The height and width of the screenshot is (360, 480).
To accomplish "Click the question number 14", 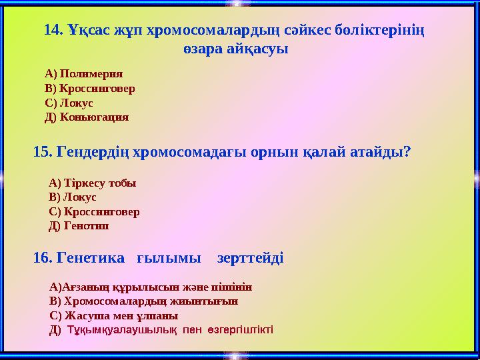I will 53,30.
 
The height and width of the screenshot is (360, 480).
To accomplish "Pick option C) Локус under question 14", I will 69,103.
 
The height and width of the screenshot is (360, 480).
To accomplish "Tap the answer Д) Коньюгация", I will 86,117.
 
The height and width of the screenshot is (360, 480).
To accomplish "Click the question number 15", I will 43,152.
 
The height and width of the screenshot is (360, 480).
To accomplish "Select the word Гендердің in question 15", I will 94,152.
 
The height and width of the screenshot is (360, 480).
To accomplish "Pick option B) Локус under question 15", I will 73,197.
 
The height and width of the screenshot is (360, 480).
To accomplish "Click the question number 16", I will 43,257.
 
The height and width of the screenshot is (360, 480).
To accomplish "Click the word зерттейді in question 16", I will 251,257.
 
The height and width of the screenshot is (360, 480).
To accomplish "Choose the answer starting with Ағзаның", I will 151,287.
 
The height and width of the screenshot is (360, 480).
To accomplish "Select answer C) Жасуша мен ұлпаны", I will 114,316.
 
